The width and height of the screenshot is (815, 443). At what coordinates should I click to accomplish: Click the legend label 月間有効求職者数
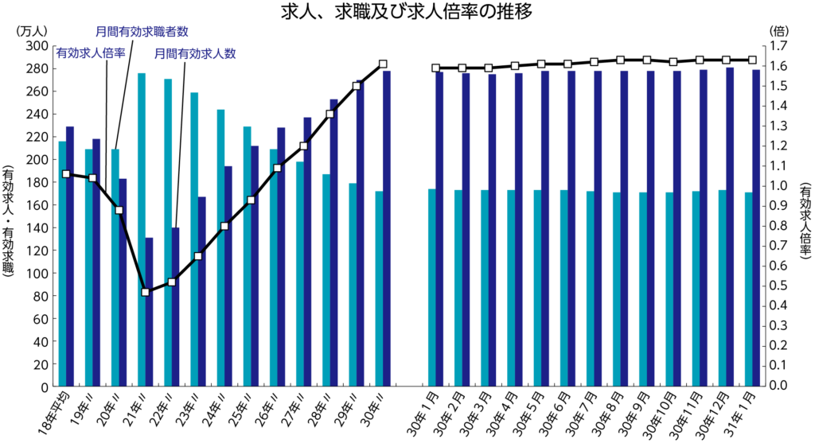coord(142,32)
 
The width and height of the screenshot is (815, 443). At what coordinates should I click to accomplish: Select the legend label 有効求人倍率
coord(91,52)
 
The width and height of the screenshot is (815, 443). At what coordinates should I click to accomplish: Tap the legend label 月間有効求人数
coord(194,54)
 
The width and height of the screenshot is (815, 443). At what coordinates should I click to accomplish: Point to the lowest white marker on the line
coord(145,292)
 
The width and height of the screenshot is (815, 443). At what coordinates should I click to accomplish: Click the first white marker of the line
coord(66,173)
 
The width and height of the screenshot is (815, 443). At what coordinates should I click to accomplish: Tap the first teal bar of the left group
coord(61,262)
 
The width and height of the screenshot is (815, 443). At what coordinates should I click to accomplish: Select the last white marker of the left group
coord(383,64)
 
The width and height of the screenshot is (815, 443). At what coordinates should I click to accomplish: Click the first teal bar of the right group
coord(431,286)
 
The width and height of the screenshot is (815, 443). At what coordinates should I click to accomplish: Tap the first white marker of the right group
coord(435,68)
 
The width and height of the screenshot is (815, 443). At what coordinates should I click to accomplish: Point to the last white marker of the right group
coord(752,60)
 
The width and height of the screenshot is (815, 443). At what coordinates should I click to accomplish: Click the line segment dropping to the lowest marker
coord(132,251)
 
